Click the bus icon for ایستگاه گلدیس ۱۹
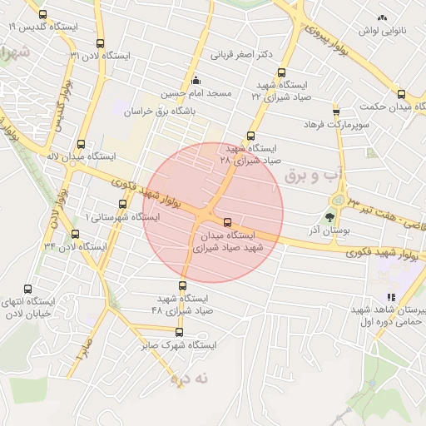click(42, 14)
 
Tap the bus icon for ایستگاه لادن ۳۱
click(100, 43)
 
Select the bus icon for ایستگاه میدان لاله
click(81, 143)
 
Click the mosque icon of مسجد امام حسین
click(196, 81)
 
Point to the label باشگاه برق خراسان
click(158, 111)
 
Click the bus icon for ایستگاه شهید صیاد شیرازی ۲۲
click(281, 72)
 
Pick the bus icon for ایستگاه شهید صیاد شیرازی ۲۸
click(251, 136)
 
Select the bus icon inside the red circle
click(228, 221)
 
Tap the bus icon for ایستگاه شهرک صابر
click(179, 332)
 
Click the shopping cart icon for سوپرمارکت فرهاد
click(336, 111)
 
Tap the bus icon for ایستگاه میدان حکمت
click(401, 94)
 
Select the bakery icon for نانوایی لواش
click(382, 17)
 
